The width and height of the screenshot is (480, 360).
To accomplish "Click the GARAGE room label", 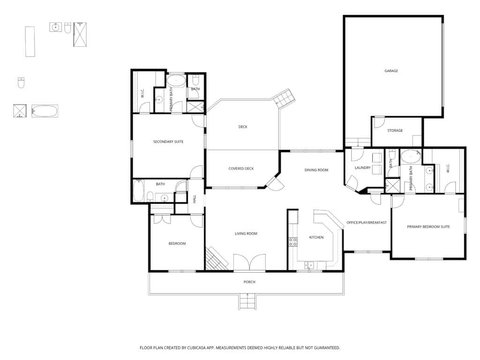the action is point(391,71).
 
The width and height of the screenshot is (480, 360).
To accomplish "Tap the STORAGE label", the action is point(395,130).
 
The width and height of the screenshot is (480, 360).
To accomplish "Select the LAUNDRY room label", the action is point(362,168).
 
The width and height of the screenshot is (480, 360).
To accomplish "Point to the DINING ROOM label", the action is point(316,170).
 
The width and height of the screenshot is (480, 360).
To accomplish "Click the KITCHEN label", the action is point(316,237).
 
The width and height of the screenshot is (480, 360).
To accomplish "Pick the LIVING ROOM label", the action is point(246,233).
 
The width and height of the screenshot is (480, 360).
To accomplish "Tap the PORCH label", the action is point(249,282).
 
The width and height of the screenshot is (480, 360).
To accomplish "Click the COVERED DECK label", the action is point(241,169).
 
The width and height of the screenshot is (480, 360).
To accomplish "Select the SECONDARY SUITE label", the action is point(168,142).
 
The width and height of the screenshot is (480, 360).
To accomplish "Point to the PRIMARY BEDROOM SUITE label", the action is point(428,227).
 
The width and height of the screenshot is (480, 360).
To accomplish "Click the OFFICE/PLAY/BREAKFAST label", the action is point(367,223).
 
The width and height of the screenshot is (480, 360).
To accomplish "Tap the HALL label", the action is point(195,199).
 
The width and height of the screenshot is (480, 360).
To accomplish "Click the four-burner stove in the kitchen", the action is point(293,242).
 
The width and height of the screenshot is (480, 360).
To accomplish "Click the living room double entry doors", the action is point(249,262).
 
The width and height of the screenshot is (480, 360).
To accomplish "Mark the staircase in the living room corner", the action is point(216,259).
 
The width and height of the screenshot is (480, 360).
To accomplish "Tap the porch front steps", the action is point(247,301).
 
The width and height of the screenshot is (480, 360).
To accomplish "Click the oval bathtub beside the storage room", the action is point(411,157).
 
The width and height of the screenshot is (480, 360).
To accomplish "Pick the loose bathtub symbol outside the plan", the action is point(45,111).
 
